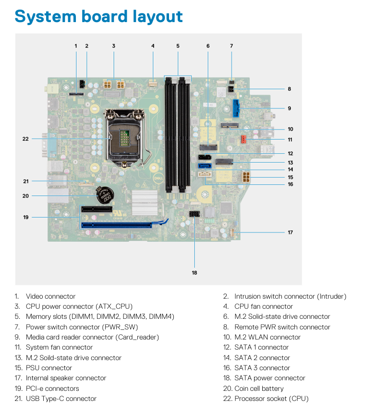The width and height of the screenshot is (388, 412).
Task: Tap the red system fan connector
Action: (244, 139)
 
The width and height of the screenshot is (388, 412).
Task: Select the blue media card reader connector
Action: (236, 108)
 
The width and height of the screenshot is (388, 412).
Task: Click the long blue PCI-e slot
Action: (117, 225)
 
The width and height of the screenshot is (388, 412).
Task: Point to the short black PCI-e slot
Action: (97, 209)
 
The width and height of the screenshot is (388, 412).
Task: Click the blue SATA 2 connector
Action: (205, 166)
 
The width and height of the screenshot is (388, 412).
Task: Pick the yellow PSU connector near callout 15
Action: (246, 177)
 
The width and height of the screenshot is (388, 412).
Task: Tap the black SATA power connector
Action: (194, 214)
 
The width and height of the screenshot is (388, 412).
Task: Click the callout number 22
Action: (25, 139)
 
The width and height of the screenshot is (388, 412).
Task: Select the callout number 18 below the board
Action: (194, 273)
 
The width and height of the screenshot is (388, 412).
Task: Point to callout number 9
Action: (289, 108)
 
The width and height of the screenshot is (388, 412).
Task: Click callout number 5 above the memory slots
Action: (178, 46)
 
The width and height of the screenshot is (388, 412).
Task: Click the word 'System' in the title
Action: (46, 16)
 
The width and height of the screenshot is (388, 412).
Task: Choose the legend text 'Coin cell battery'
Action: (259, 388)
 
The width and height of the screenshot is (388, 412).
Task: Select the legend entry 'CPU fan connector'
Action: (264, 306)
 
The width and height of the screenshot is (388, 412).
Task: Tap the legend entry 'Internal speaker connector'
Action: (66, 378)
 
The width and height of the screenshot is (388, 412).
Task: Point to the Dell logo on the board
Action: (158, 178)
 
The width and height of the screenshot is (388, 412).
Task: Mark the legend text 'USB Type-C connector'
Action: (61, 399)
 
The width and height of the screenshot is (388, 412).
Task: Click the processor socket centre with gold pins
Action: (124, 138)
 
